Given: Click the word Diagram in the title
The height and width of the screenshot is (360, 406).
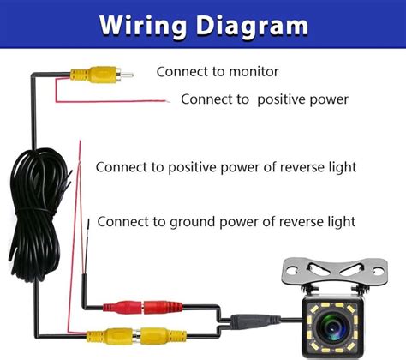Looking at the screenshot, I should coord(250,25).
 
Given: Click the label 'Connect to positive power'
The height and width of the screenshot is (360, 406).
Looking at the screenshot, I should coord(264,99).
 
